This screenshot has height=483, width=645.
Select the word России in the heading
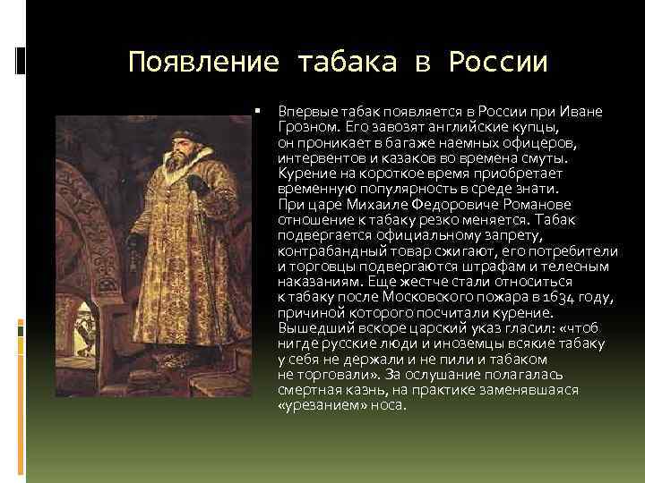[x=497, y=63]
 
